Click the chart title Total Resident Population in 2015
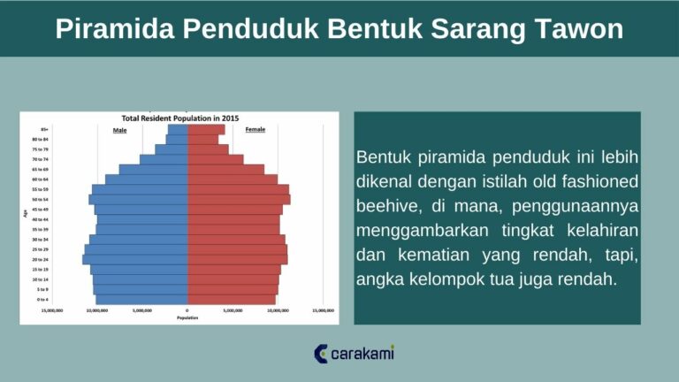179,118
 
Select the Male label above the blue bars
119,130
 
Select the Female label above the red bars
255,130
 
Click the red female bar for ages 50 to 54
239,200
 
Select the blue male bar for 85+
178,130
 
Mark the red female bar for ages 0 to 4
232,300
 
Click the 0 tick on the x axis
187,311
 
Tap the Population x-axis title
187,317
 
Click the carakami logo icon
321,355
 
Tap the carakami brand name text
362,355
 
